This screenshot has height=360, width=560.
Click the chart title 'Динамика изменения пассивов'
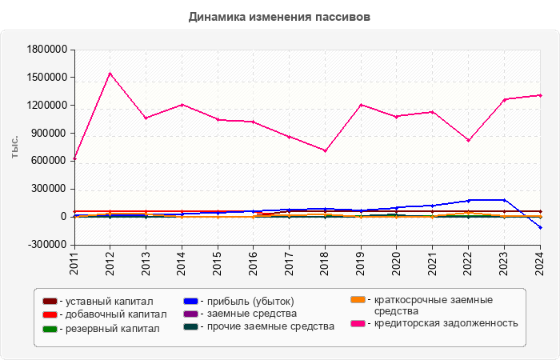click(280, 16)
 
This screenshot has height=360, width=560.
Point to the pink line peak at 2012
click(110, 74)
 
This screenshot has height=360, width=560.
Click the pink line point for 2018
click(325, 150)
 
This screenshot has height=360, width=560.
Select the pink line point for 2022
click(468, 140)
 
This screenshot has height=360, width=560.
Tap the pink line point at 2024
click(540, 95)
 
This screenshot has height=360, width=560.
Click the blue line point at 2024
click(540, 228)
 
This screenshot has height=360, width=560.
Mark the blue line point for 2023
click(504, 200)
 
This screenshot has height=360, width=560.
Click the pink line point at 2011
click(74, 159)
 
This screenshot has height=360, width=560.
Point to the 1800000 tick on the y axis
click(45, 50)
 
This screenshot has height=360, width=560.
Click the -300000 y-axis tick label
click(45, 245)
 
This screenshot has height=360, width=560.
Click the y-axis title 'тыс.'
click(14, 146)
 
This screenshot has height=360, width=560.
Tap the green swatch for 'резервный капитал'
click(50, 329)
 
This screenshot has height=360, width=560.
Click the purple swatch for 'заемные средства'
click(190, 314)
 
